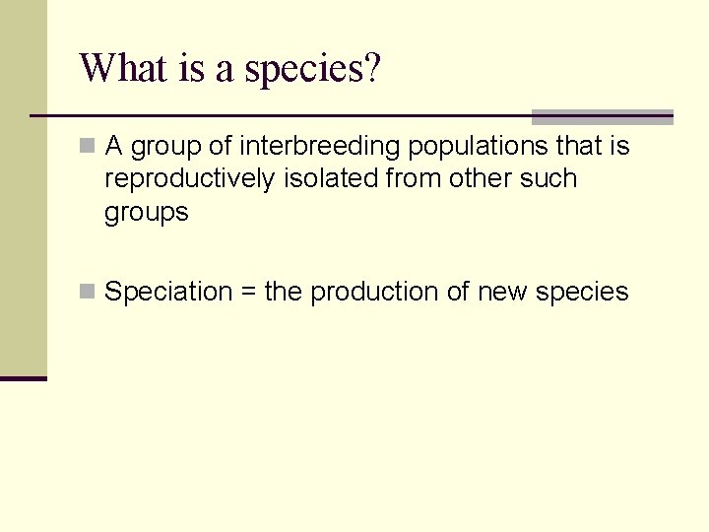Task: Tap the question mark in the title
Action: (x=372, y=69)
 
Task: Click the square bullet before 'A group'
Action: (x=88, y=147)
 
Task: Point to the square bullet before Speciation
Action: (x=88, y=291)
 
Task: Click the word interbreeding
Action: (x=320, y=147)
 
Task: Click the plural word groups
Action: (x=146, y=213)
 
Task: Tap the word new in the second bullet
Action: (x=500, y=292)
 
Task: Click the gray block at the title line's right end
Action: (x=602, y=116)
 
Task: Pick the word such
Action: (x=549, y=178)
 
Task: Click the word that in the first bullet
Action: (x=580, y=147)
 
